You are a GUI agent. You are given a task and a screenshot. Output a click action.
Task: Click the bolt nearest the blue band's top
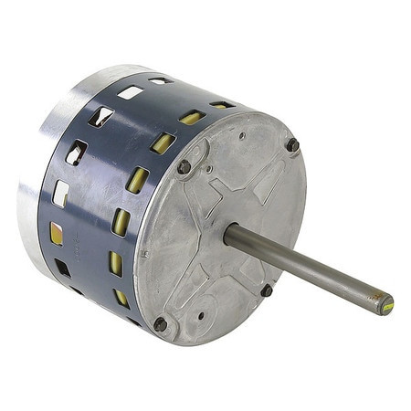(x=184, y=166)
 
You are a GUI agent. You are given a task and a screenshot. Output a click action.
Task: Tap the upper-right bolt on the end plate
(x=292, y=144)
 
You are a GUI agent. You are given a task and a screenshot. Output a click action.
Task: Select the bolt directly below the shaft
(x=266, y=290)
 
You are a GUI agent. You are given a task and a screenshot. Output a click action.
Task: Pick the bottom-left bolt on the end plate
(x=161, y=323)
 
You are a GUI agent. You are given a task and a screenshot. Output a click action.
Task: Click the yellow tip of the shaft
(x=386, y=303)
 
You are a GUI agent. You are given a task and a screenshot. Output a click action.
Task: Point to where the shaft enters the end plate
(x=230, y=236)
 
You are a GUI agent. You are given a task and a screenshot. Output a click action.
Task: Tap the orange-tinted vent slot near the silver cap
(x=57, y=233)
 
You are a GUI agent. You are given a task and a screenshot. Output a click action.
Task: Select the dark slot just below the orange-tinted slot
(x=63, y=268)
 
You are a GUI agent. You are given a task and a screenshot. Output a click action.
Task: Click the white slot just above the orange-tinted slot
(x=60, y=193)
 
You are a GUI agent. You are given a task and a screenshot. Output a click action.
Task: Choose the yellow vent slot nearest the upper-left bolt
(x=163, y=143)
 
